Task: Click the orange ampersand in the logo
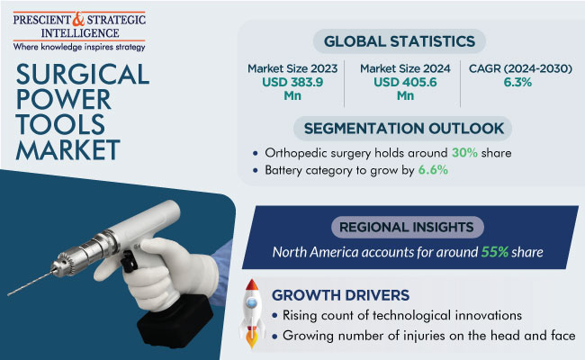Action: click(78, 19)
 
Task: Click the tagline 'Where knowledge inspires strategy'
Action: click(79, 47)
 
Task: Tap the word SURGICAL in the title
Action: click(83, 74)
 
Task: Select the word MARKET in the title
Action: click(67, 150)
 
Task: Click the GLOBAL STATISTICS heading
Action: click(400, 41)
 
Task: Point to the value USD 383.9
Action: click(292, 82)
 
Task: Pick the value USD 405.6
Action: click(405, 82)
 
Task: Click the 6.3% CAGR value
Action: click(517, 82)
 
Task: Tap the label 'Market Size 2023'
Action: click(292, 68)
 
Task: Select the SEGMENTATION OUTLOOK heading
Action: click(404, 129)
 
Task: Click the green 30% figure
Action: click(464, 153)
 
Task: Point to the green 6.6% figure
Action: click(433, 170)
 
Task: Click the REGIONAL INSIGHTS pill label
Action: click(406, 227)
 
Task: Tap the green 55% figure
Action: click(495, 252)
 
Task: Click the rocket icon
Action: click(252, 313)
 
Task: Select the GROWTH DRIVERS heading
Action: click(340, 295)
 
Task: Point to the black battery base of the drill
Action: click(175, 320)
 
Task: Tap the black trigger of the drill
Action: click(130, 261)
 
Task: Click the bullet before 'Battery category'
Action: click(256, 170)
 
